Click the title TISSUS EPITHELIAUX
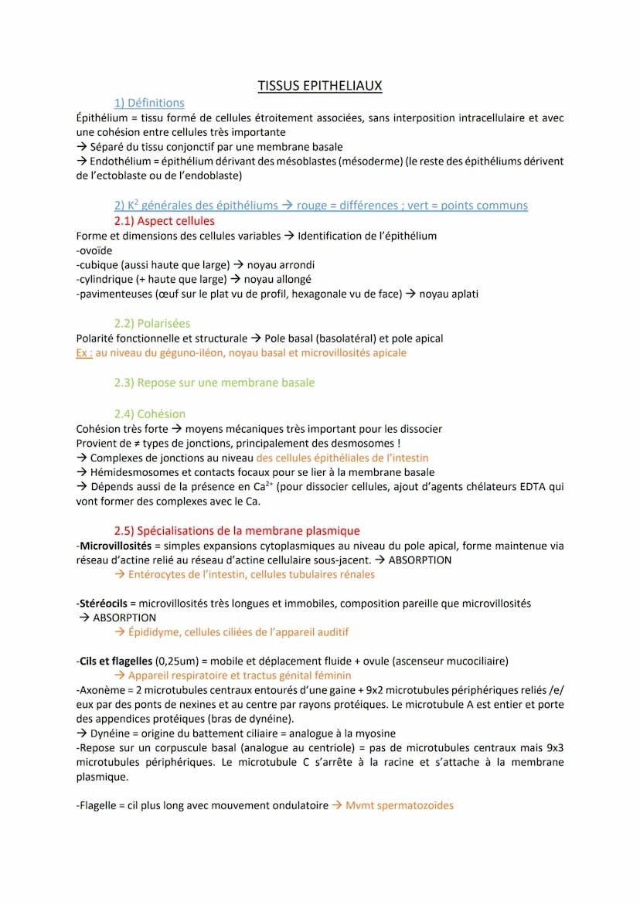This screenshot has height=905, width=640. point(320,86)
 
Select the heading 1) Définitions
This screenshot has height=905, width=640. point(149,103)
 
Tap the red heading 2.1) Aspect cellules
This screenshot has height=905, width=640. point(165,221)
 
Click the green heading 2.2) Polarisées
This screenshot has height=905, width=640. point(152,323)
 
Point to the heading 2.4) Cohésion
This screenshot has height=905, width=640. point(150,413)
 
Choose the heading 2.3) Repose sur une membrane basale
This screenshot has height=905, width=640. point(214,383)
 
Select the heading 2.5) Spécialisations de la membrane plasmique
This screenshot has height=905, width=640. point(237,530)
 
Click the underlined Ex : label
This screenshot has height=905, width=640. point(85,352)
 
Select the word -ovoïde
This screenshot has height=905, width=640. point(94,250)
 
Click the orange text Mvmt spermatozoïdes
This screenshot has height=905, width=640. point(400,805)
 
